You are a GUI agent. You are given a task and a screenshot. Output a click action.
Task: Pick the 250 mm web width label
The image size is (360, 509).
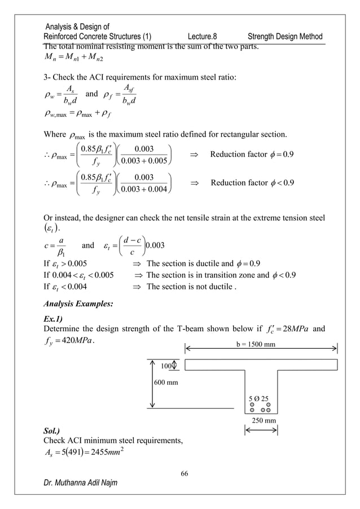pyautogui.click(x=262, y=420)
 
